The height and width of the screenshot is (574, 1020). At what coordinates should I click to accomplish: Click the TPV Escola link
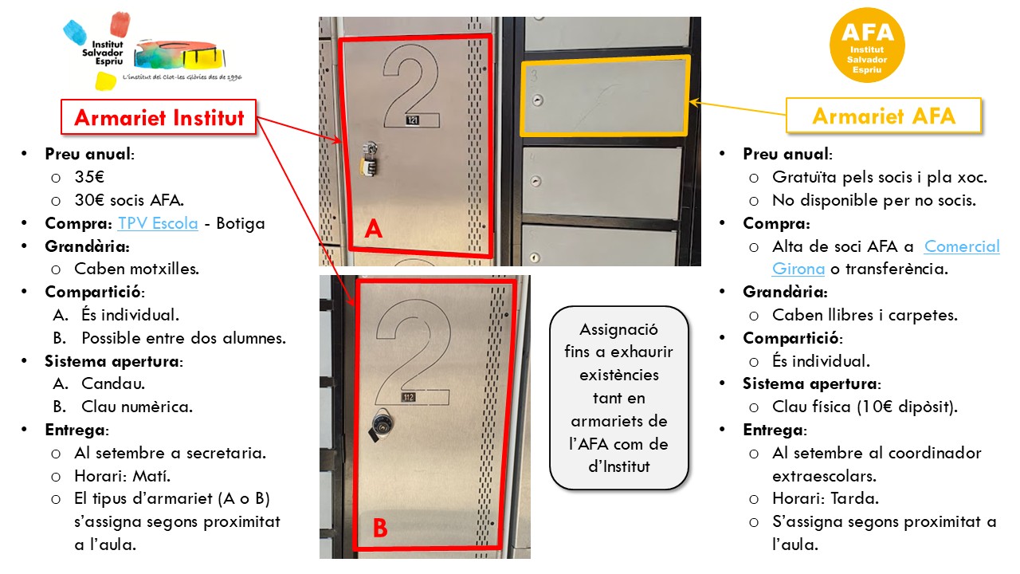tap(158, 223)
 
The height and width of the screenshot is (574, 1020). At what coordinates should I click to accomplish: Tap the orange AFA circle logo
tap(867, 45)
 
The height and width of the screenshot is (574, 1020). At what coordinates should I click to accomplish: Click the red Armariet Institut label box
tap(159, 117)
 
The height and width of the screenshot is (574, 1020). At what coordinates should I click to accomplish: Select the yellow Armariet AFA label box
tap(884, 116)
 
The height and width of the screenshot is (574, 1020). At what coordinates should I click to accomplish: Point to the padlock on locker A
tap(370, 159)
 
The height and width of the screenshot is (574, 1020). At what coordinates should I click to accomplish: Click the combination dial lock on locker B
tap(381, 424)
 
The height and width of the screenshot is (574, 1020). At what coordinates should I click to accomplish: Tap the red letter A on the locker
tap(374, 228)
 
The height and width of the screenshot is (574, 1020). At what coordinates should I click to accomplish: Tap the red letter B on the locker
tap(380, 528)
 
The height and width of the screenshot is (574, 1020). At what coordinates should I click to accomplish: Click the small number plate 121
tap(413, 120)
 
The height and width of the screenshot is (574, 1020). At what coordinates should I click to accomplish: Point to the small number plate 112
tap(409, 397)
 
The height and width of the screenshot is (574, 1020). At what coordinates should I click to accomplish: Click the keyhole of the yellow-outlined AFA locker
tap(538, 100)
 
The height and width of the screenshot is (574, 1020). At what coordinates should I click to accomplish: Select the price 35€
tap(90, 177)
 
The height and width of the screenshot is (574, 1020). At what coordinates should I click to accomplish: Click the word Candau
tap(113, 383)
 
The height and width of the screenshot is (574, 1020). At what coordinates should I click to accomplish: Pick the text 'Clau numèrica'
tap(137, 407)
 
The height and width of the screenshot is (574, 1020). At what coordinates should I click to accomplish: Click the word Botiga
tap(241, 223)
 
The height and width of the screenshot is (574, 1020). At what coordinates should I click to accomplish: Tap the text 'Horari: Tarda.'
tap(826, 498)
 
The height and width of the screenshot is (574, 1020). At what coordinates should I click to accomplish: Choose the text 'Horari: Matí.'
tap(123, 476)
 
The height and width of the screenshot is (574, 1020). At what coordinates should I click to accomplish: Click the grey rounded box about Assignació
tap(619, 398)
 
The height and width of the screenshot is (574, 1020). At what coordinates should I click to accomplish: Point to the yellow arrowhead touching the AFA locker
tap(693, 103)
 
